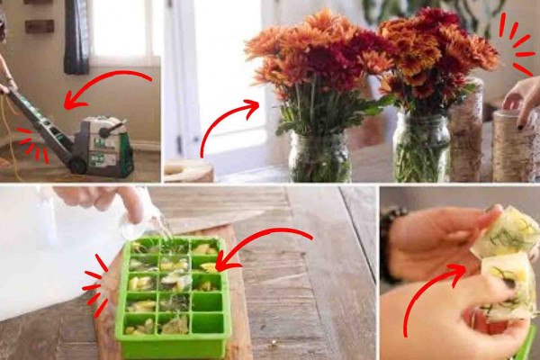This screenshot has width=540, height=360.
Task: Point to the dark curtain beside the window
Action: point(76,36)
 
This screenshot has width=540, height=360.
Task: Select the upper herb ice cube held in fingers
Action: point(508,229)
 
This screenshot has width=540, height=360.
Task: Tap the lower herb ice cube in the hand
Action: point(508,283)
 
